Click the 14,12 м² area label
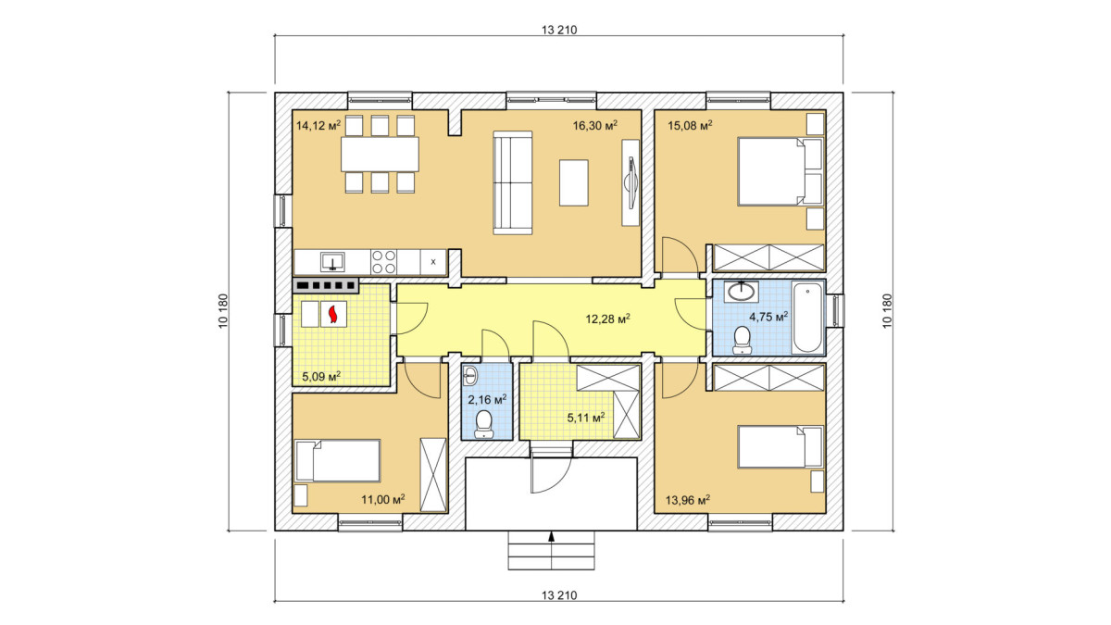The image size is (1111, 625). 318,125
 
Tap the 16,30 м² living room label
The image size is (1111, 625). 595,125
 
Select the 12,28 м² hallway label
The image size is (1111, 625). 608,319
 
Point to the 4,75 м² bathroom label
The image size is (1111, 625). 768,317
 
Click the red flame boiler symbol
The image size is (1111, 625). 333,314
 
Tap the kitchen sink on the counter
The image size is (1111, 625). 332,261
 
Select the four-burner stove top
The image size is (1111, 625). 383,262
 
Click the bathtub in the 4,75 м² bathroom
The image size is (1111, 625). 807,318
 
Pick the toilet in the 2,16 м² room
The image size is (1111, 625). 483,425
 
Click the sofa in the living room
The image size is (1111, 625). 513,182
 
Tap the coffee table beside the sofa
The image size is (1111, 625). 574,182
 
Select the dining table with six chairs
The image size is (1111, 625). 380,155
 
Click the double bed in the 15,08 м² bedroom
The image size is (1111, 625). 780,171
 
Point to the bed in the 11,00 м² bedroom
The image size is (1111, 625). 338,460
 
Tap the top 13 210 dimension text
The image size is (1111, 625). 559,30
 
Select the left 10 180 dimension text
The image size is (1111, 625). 223,311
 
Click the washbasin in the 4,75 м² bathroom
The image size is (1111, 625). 741,292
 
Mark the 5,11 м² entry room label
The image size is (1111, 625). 586,418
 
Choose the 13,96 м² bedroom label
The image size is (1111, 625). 687,500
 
